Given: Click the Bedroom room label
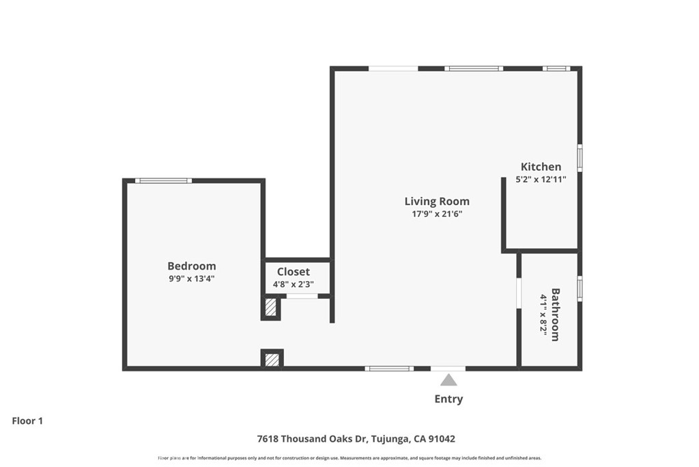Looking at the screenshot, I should (x=192, y=266).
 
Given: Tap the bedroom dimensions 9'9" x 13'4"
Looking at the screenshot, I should (x=192, y=278).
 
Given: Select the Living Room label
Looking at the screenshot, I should (x=437, y=201).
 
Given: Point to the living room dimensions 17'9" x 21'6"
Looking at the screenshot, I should (x=437, y=213).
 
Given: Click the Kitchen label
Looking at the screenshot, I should (x=541, y=167).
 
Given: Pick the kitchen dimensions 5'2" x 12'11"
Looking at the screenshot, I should (x=541, y=179).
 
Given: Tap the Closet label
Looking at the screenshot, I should (x=293, y=271).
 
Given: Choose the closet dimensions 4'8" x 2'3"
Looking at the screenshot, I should (x=293, y=284).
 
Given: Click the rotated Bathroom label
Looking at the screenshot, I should (x=556, y=315).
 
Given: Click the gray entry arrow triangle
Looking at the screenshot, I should (x=448, y=380).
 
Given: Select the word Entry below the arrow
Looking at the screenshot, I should (x=448, y=399).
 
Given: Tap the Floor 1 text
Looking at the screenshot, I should (x=27, y=421).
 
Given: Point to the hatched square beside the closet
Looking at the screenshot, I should (x=271, y=307).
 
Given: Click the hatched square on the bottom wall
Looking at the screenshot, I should (x=272, y=359).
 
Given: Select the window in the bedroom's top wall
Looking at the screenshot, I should (x=163, y=181).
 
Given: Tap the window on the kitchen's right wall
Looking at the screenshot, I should (x=580, y=157).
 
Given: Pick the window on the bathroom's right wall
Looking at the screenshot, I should (x=580, y=288).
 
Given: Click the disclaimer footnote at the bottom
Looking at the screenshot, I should (x=349, y=458).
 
